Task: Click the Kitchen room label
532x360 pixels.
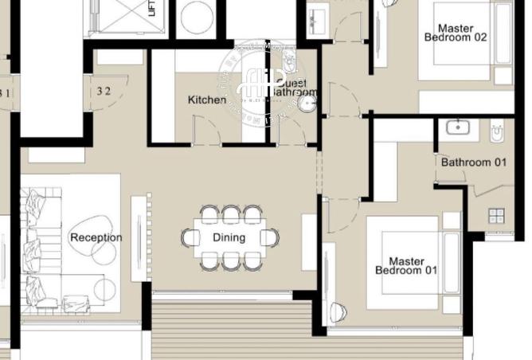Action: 206,100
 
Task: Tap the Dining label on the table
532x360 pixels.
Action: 229,237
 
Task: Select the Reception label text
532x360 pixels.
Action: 96,237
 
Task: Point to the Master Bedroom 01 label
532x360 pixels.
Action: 407,265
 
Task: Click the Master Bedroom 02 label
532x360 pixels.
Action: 455,33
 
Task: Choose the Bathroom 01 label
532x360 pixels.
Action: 474,162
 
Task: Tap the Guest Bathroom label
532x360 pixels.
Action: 293,87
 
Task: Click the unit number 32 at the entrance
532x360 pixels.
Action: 104,91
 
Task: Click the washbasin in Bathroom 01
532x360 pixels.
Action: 457,127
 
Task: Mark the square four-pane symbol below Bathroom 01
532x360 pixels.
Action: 497,216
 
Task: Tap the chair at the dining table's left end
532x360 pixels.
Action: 190,237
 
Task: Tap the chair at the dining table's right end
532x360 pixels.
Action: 272,237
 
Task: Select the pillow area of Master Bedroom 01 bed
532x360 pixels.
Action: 450,263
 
